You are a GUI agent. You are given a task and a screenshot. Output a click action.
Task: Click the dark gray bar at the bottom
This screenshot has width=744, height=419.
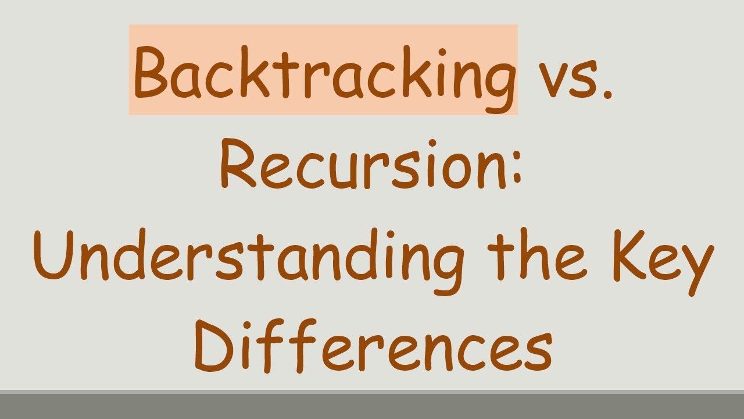click(372, 406)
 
